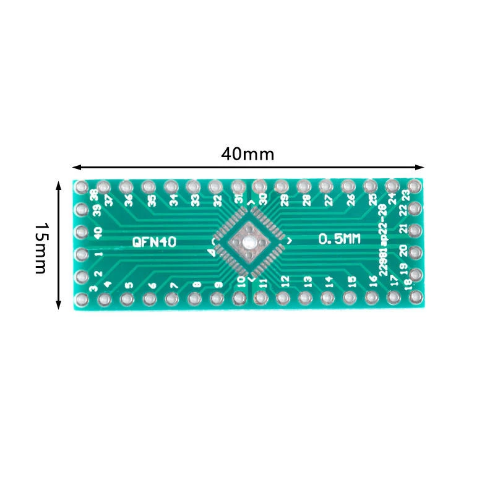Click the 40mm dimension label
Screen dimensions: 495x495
click(247, 154)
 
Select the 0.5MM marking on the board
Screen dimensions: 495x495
click(339, 239)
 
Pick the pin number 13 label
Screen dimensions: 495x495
click(307, 282)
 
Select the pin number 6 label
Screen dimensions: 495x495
click(152, 286)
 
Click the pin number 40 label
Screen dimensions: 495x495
click(97, 233)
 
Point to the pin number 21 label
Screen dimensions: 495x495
click(403, 229)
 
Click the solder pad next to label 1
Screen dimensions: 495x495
click(81, 254)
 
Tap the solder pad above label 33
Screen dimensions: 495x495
click(193, 186)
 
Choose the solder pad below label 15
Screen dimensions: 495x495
click(350, 298)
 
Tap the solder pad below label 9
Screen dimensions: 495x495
click(217, 299)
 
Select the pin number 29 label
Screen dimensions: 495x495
click(284, 200)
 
